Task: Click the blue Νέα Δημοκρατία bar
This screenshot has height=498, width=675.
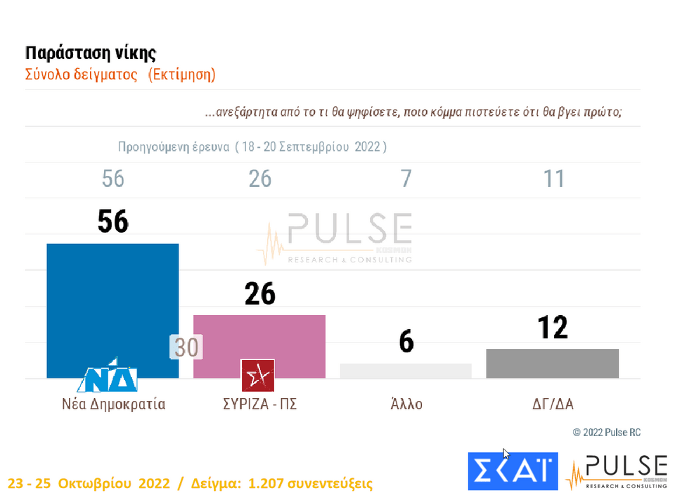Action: click(112, 302)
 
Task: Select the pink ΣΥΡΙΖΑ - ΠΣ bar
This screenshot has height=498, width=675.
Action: click(259, 338)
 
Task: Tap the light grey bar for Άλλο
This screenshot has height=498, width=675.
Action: click(406, 371)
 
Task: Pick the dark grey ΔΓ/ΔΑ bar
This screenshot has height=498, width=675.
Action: click(553, 363)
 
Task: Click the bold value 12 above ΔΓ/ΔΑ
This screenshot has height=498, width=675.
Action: click(553, 328)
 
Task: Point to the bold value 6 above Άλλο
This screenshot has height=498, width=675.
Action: click(406, 343)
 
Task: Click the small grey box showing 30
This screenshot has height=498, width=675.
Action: click(186, 347)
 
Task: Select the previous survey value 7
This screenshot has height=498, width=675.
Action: click(406, 179)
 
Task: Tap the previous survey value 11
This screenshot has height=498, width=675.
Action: click(554, 179)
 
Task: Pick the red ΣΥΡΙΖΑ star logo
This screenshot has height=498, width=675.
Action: click(257, 374)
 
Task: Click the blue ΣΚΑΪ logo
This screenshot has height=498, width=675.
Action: click(513, 471)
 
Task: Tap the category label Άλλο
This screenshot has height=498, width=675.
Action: click(406, 404)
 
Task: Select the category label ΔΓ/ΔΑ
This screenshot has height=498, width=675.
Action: click(553, 404)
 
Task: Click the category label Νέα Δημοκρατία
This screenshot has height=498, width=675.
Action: click(112, 404)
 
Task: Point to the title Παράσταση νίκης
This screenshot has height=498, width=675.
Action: click(91, 53)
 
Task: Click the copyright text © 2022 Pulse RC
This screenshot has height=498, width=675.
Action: click(606, 433)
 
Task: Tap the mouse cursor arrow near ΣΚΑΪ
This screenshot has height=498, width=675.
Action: click(506, 454)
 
